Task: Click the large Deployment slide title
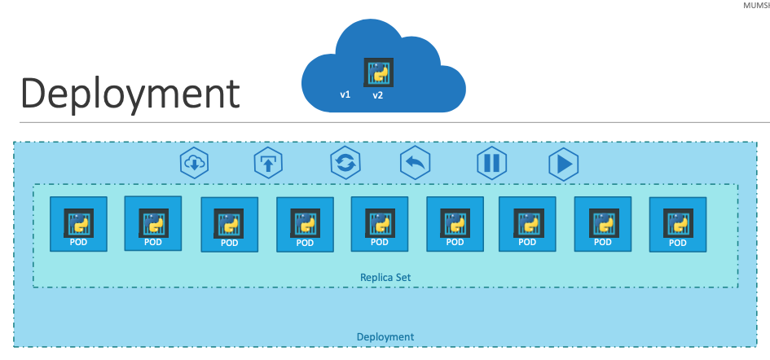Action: (x=130, y=93)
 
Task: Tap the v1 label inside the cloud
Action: (x=345, y=95)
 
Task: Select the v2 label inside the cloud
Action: (x=378, y=95)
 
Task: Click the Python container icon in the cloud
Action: (x=379, y=72)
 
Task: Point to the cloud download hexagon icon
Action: (x=195, y=164)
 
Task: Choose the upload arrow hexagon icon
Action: (x=268, y=163)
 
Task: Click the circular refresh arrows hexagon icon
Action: (x=345, y=163)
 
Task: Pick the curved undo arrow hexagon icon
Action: (x=416, y=163)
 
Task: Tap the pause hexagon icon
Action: (x=491, y=163)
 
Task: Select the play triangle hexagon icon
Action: (x=563, y=164)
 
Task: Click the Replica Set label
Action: (x=385, y=277)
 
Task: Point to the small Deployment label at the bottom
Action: (x=385, y=336)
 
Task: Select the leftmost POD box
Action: (x=79, y=224)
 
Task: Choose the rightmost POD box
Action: (x=678, y=225)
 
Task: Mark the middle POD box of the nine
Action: (x=380, y=224)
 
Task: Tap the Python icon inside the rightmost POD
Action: (x=678, y=221)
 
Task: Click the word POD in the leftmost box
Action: (x=79, y=242)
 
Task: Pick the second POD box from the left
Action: (x=153, y=223)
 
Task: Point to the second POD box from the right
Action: (x=603, y=224)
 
